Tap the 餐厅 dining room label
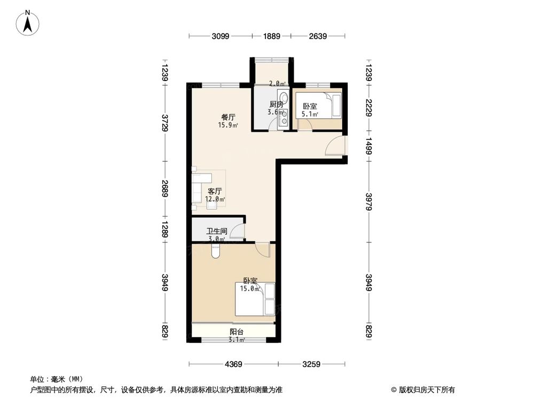point(229,117)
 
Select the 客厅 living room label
point(215,191)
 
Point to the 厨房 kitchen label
point(276,105)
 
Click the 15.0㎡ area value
point(249,289)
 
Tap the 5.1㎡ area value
point(310,114)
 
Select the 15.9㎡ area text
point(228,126)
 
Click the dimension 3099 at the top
point(220,36)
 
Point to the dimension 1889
point(271,36)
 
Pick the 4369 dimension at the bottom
point(233,365)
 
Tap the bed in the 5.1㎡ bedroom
point(336,105)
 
